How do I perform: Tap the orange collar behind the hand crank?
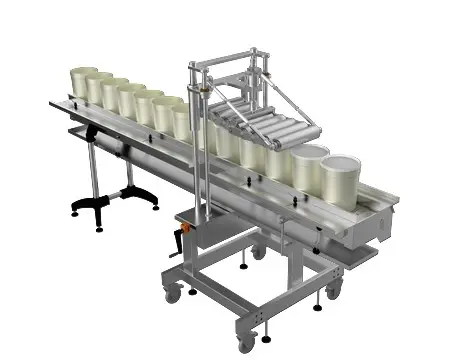[183, 222]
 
